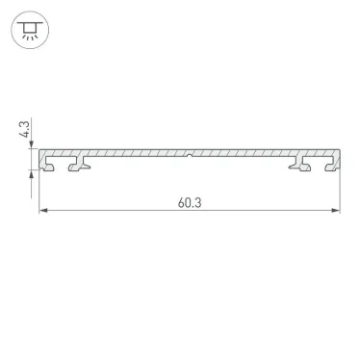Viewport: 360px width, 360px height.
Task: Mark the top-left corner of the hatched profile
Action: pos(39,149)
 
